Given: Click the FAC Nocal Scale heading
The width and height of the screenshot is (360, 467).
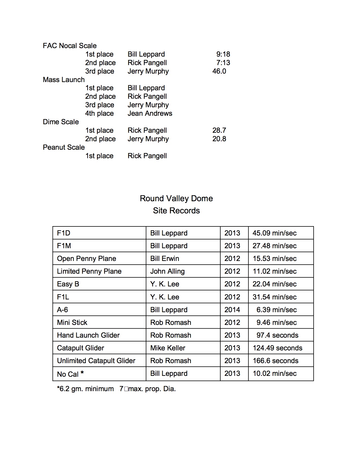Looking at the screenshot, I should tap(70, 46).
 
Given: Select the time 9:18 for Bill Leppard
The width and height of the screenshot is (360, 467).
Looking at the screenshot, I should tap(223, 54).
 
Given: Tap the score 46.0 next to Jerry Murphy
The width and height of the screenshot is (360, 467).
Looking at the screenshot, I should tap(219, 71).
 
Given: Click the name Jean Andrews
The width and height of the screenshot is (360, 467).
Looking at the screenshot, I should tap(150, 113).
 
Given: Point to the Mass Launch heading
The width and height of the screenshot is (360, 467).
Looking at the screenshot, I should tap(64, 80).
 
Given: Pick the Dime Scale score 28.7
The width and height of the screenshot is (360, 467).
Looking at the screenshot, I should tap(219, 130).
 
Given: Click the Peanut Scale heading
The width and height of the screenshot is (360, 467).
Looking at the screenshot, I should tap(64, 147).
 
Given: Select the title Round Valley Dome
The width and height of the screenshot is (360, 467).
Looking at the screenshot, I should tap(176, 198).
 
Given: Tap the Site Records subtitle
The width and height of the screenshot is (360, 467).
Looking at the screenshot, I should tap(176, 211).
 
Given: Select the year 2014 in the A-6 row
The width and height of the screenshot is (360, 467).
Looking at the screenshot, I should tap(232, 310).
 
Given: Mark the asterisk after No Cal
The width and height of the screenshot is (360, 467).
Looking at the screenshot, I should tap(82, 373).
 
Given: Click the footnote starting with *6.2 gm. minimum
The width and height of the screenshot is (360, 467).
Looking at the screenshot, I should tap(116, 389).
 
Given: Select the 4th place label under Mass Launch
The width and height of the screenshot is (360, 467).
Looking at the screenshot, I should tap(99, 113).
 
